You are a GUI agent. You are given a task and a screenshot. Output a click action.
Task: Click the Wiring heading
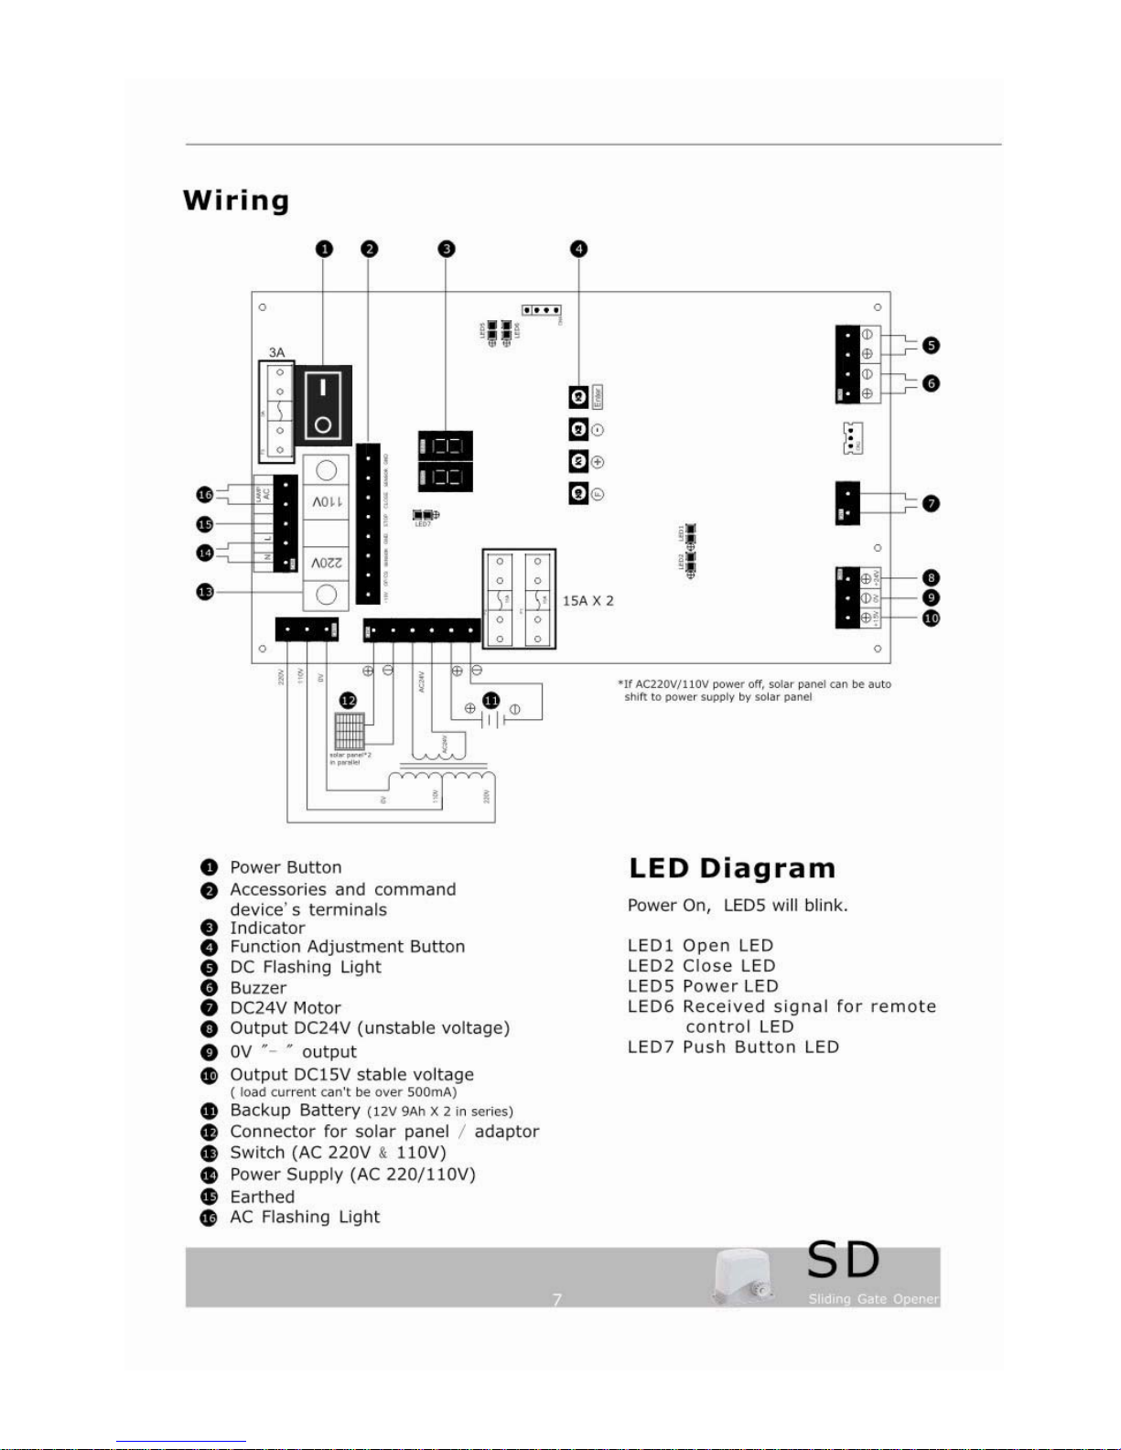pos(236,200)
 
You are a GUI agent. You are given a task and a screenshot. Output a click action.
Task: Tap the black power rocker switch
pos(323,403)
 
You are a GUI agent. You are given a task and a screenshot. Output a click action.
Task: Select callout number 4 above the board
pos(578,249)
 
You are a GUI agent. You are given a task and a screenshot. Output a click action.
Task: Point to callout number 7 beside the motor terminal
pos(931,503)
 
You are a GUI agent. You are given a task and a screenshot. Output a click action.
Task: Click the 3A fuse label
pos(276,352)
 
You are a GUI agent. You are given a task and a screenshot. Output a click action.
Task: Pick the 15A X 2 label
pos(587,601)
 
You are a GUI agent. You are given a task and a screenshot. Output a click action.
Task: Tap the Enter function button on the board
pos(578,397)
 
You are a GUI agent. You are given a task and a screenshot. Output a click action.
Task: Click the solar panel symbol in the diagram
pos(350,731)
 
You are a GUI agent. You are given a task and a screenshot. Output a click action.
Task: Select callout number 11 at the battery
pos(491,701)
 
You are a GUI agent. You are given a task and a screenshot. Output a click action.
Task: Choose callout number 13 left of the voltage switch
pos(205,592)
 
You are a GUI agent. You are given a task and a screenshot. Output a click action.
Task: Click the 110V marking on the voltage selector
pos(326,501)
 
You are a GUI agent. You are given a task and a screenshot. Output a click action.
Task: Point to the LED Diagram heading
pos(732,868)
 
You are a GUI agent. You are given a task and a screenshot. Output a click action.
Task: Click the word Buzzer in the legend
pos(258,988)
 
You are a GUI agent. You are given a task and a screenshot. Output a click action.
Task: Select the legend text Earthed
pos(263,1197)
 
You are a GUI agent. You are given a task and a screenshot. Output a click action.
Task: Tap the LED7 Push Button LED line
pos(733,1047)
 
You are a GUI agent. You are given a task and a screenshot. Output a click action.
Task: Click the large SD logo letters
pos(843,1261)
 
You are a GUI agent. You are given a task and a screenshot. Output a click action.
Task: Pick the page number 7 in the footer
pos(556,1299)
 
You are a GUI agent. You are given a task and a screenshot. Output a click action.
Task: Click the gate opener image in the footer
pos(742,1277)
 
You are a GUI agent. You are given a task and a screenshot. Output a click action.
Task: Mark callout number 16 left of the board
pos(205,495)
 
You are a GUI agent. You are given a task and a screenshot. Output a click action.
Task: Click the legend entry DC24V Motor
pos(286,1008)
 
